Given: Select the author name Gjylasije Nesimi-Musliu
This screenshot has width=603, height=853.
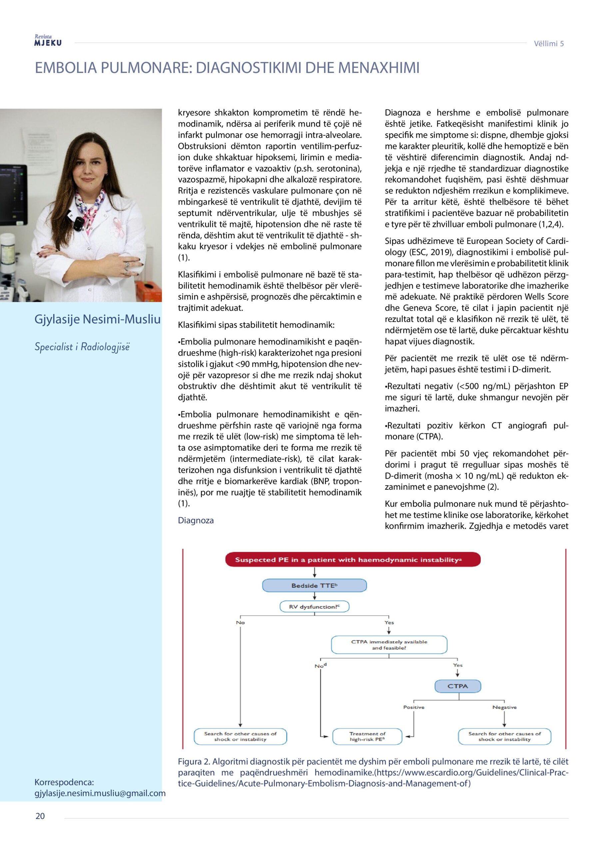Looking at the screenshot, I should (97, 319).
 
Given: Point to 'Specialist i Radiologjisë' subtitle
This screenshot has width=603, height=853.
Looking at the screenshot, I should (82, 347).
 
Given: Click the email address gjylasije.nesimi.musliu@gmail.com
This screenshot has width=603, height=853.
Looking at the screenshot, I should (100, 793).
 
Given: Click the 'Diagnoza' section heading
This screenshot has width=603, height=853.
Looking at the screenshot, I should (196, 520).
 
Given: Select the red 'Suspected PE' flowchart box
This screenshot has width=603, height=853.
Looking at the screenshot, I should (352, 559).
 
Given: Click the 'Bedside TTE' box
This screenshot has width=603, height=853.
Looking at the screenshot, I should (314, 585).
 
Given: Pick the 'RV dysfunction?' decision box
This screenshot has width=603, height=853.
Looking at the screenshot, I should (314, 607).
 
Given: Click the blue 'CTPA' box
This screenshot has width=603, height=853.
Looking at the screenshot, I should (457, 686).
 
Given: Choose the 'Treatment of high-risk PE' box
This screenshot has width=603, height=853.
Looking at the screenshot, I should (367, 736).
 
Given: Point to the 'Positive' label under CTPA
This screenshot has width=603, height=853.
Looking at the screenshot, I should (413, 707).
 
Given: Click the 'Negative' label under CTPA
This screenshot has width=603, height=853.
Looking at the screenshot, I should (504, 707).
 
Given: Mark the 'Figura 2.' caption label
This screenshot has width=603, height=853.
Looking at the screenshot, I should (194, 761).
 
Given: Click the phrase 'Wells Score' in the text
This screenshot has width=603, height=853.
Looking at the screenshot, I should (546, 297).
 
